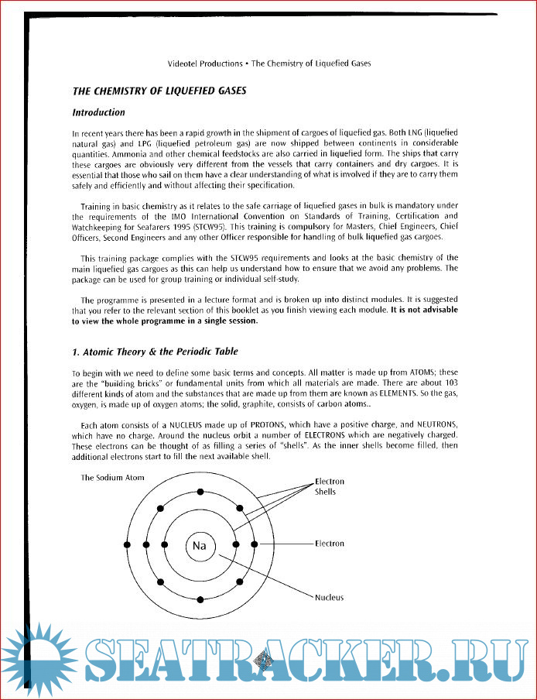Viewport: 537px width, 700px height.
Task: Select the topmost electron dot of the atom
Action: point(200,492)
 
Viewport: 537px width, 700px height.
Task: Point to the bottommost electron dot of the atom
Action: point(200,599)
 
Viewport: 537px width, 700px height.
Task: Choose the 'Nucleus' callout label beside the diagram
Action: point(329,597)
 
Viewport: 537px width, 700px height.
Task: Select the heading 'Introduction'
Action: point(98,112)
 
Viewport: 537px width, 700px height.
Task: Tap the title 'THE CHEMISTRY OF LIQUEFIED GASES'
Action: point(159,91)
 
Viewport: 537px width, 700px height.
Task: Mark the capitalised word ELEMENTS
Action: point(374,395)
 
